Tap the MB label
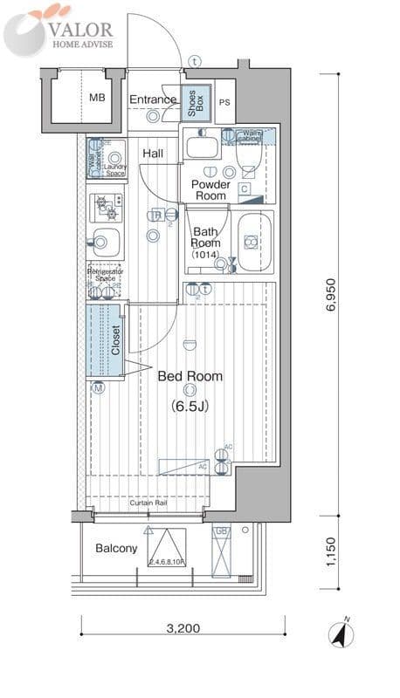(x=96, y=98)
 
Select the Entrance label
(x=153, y=99)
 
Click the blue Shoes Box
(x=194, y=104)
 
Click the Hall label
(x=153, y=154)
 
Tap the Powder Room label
(x=210, y=190)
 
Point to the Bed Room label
(x=190, y=377)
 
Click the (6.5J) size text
(x=190, y=407)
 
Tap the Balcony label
(x=115, y=548)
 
